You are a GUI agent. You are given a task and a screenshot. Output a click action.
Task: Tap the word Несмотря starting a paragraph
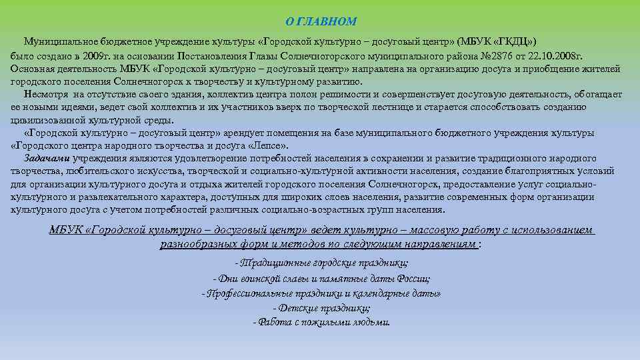point(44,95)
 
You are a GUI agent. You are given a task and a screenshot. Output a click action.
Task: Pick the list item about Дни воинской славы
point(321,279)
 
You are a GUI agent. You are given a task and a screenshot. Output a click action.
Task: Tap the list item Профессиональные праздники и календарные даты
point(321,293)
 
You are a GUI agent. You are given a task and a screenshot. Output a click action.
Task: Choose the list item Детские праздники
point(321,308)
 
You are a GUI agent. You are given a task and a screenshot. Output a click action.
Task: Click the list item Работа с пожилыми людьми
point(321,322)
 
